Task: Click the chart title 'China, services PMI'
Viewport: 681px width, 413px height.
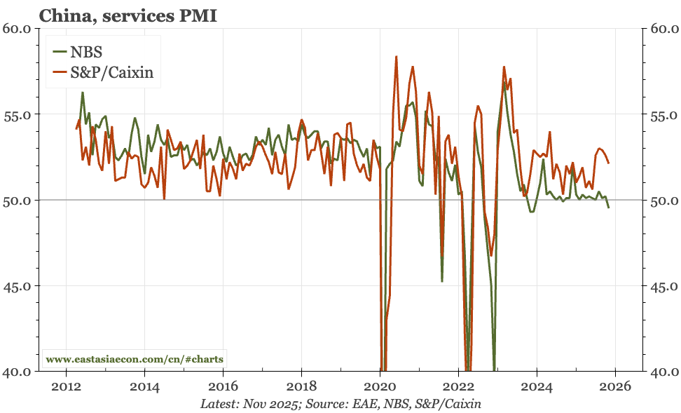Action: tap(128, 15)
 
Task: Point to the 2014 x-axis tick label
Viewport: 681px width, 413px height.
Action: tap(144, 386)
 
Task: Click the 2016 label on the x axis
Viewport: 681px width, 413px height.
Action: tap(223, 386)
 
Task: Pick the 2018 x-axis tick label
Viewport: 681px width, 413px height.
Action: tap(301, 386)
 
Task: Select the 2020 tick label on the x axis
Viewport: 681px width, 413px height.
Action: tap(380, 386)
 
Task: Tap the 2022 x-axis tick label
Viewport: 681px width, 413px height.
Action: tap(458, 386)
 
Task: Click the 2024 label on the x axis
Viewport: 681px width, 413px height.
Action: tap(536, 386)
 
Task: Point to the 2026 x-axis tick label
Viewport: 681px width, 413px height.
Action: tap(614, 386)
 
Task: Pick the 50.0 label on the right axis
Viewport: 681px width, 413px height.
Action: tap(663, 201)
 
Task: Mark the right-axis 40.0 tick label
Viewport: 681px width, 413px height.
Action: tap(663, 372)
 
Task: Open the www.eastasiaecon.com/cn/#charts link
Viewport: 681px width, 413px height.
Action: tap(135, 359)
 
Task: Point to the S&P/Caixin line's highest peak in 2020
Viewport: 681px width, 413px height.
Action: tap(397, 56)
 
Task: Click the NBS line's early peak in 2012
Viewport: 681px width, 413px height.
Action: tap(83, 93)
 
